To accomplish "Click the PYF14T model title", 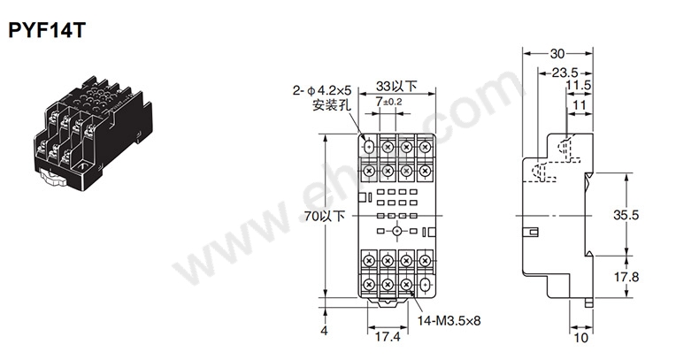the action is [47, 30].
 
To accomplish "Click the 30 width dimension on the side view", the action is [557, 54].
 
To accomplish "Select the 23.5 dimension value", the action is [565, 73].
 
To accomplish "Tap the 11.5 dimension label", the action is [579, 86].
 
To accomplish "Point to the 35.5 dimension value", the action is [626, 215].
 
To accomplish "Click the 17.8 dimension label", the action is [626, 277].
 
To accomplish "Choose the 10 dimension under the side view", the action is [581, 338].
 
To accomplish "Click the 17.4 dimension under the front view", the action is [388, 337].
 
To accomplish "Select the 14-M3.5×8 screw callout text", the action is [449, 320].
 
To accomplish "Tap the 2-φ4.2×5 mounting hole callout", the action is [322, 91].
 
